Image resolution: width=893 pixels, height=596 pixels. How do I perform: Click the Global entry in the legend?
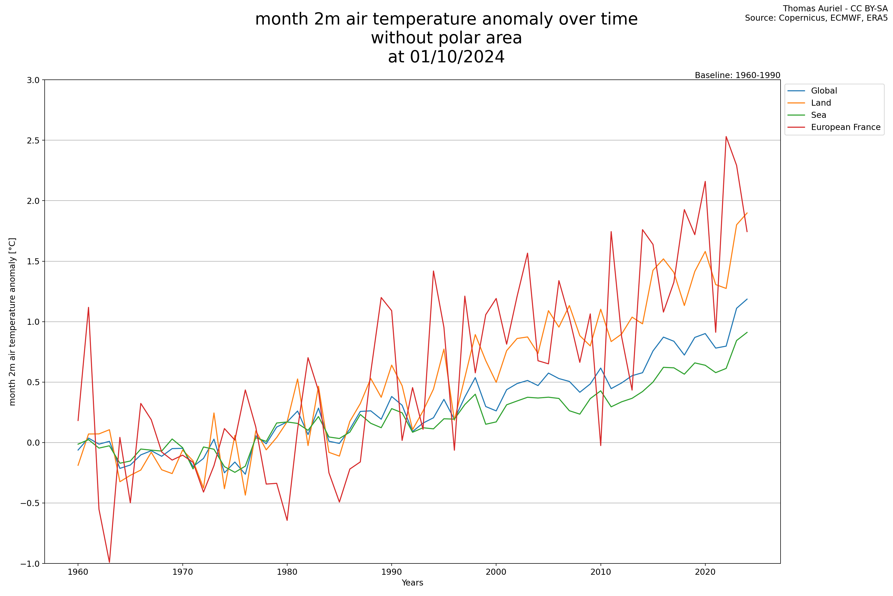click(824, 91)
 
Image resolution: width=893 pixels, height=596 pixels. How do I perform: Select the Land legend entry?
click(821, 103)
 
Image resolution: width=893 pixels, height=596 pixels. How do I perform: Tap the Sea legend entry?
click(818, 115)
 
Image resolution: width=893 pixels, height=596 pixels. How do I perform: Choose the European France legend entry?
click(845, 127)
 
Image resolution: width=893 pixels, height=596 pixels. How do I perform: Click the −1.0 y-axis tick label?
click(30, 564)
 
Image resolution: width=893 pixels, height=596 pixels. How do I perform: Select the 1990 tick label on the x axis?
click(391, 572)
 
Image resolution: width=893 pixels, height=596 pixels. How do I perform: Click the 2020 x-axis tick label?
click(705, 572)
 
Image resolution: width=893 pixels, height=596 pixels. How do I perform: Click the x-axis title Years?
click(412, 583)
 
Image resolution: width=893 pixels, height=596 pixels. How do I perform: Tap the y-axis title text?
click(12, 321)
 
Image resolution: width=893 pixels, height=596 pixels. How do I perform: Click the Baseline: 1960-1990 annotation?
click(737, 75)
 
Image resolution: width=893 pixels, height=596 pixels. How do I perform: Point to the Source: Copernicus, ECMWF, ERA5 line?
click(816, 18)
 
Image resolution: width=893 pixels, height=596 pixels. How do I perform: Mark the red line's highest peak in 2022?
click(726, 137)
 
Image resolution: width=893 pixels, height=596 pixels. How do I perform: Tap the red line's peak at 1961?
click(88, 307)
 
